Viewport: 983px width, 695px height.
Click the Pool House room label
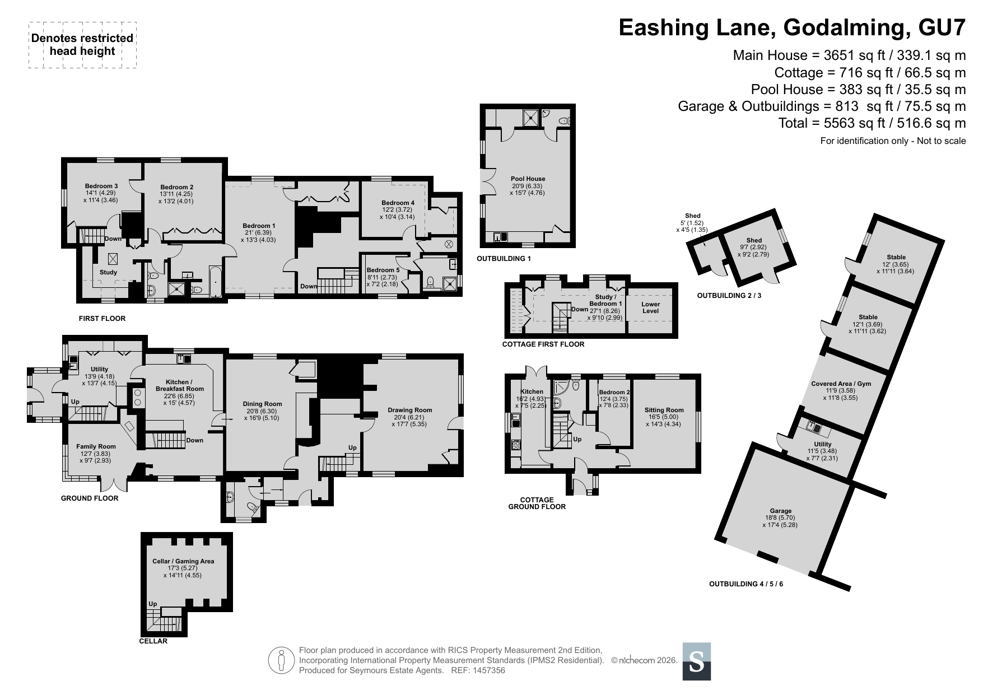[x=528, y=179]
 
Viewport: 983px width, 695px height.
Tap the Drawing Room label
[x=410, y=410]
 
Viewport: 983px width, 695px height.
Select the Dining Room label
[x=262, y=404]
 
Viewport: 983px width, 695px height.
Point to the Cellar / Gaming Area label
[x=183, y=561]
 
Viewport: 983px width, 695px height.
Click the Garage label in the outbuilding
[x=780, y=511]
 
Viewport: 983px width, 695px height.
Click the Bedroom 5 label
[x=383, y=270]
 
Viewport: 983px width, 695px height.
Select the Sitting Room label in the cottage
[x=664, y=410]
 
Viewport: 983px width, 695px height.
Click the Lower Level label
[x=650, y=307]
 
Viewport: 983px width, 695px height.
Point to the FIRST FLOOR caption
[x=102, y=318]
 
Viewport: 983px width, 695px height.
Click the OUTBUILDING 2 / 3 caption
[x=729, y=295]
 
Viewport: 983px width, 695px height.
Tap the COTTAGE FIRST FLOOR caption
[x=543, y=344]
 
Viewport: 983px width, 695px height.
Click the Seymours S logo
[x=697, y=661]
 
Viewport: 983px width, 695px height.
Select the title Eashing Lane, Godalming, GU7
[x=792, y=27]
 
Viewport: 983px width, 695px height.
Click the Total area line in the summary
[x=872, y=123]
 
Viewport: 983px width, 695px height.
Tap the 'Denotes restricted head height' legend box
[x=82, y=45]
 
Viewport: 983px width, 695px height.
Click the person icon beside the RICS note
[x=282, y=660]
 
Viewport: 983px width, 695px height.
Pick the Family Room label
[x=96, y=447]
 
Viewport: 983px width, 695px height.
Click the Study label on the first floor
[x=108, y=273]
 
